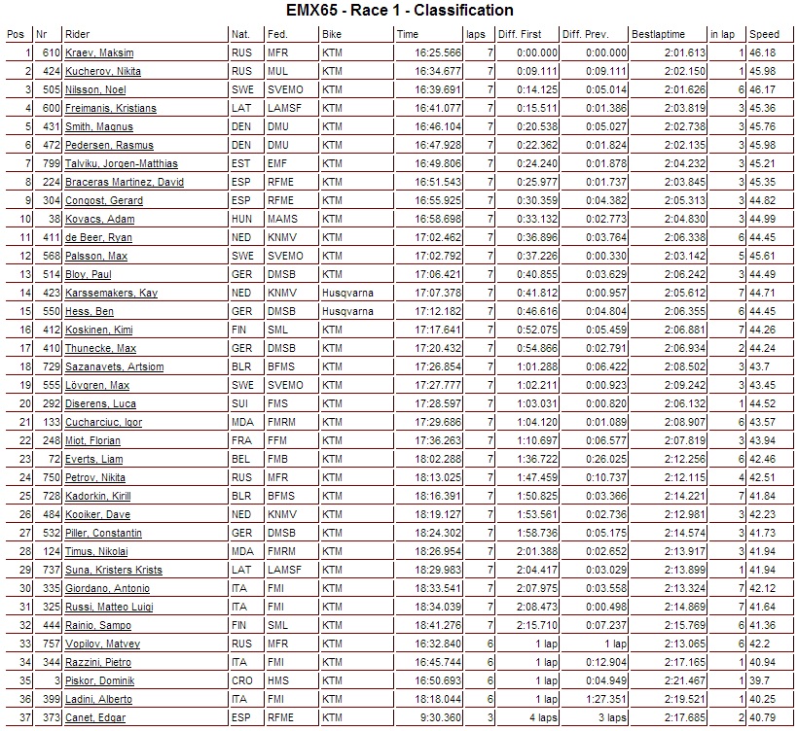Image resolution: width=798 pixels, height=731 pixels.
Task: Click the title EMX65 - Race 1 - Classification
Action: pos(400,12)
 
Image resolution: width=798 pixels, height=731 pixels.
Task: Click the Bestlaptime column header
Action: pos(658,34)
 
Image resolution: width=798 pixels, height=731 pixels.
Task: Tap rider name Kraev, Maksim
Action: pos(99,52)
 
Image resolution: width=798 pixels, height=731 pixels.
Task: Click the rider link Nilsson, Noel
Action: pos(95,89)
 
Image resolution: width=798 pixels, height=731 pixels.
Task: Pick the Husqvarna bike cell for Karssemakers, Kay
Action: pos(347,293)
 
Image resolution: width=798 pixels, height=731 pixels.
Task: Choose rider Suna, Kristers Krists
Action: pos(113,570)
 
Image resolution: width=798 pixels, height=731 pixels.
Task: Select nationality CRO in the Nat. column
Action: pos(240,680)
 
